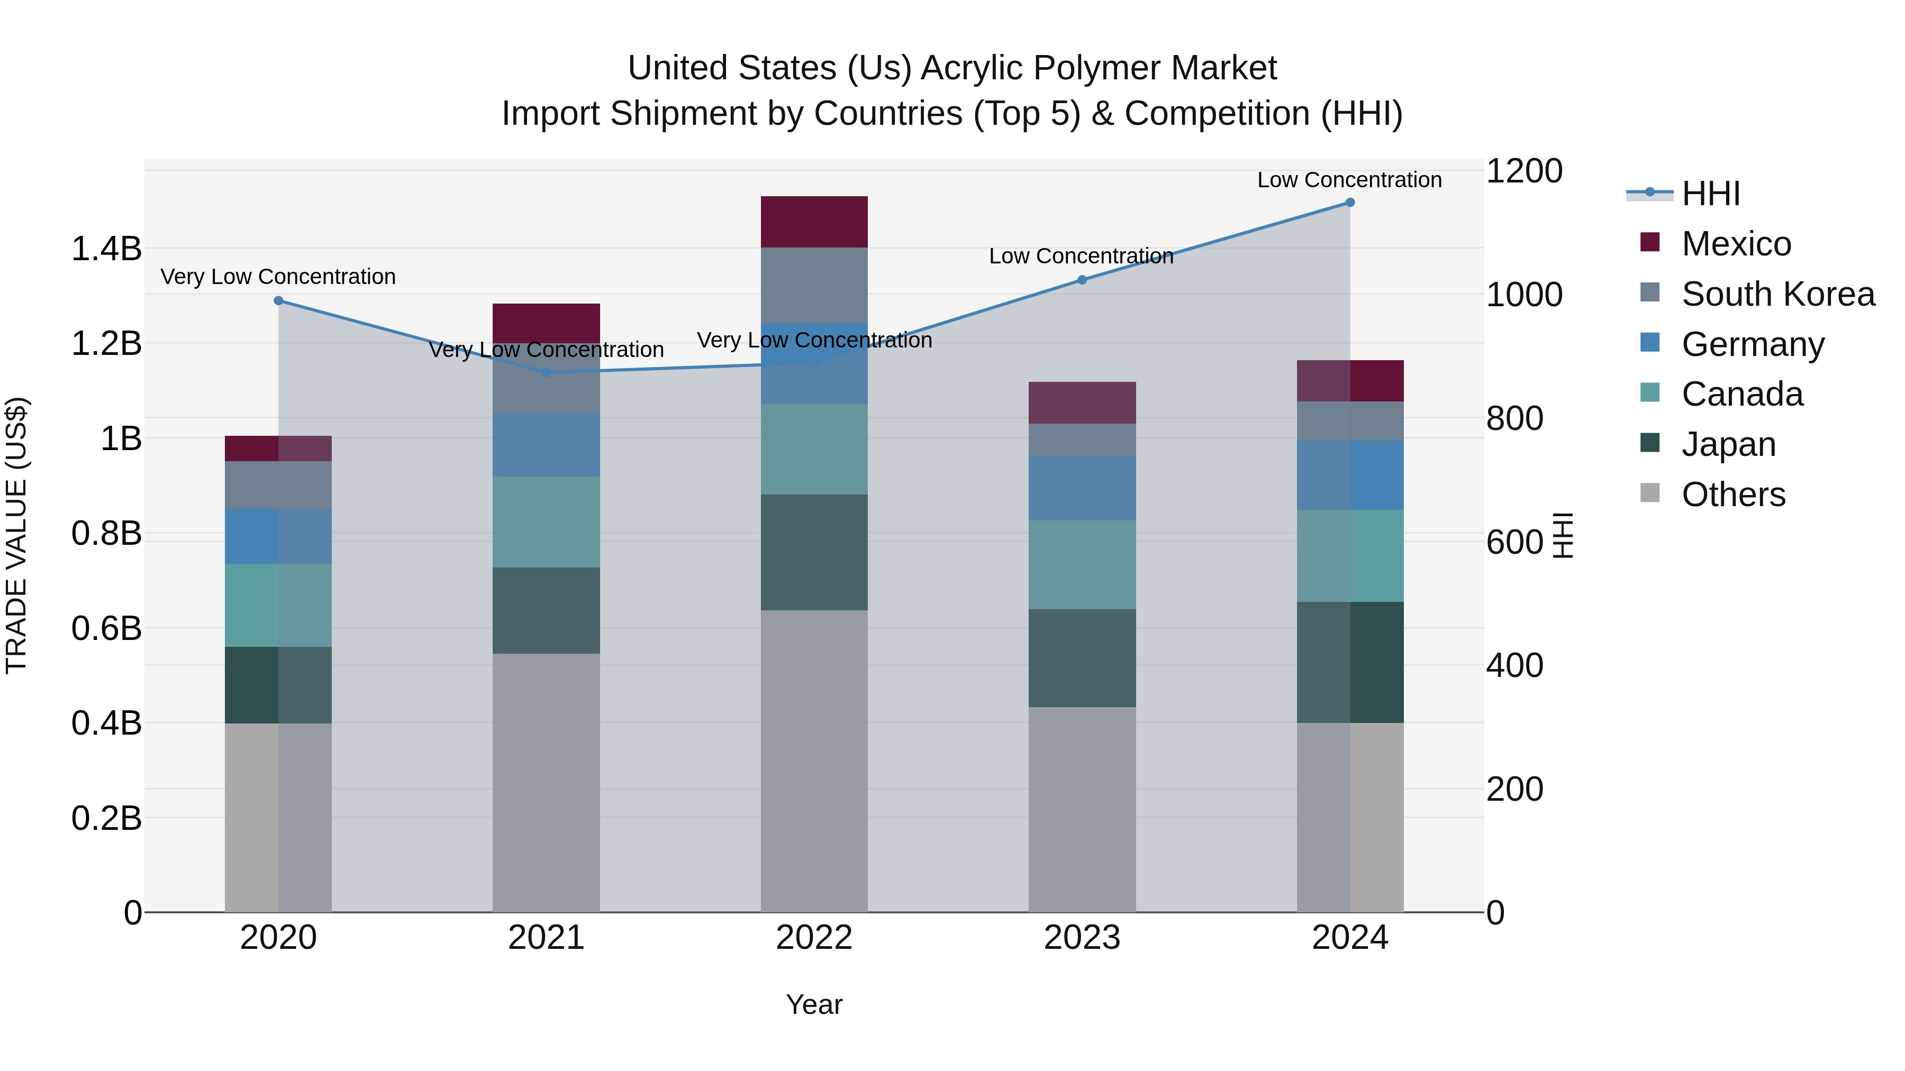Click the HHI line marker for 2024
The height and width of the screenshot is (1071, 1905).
point(1349,203)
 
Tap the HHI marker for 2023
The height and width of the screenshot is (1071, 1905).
point(1082,280)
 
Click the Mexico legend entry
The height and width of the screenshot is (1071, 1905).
point(1736,244)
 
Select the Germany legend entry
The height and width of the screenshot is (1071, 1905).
point(1753,344)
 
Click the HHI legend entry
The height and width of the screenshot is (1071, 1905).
point(1710,194)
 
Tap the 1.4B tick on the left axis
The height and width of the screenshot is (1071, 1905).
point(106,249)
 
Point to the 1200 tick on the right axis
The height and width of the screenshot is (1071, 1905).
point(1524,171)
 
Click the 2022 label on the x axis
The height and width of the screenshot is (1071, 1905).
point(814,938)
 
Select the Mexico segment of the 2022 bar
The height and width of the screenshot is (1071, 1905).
point(814,222)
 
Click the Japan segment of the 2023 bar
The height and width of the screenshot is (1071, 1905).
point(1082,658)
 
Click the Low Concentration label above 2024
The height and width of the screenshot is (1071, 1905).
point(1349,180)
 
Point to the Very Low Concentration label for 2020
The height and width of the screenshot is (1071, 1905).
point(278,277)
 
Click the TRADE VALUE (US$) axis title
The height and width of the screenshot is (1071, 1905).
point(16,535)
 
